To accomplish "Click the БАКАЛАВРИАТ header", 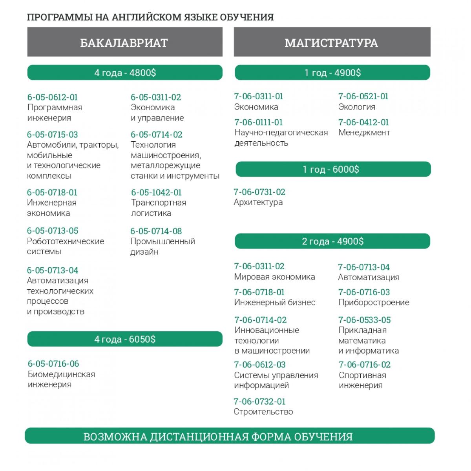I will [x=124, y=42].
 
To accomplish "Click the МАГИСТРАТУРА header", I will [x=332, y=42].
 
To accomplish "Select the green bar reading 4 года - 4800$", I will [x=125, y=73].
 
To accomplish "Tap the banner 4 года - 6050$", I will [x=125, y=339].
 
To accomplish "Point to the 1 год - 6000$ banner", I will [x=333, y=170].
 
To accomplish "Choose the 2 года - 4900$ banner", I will [x=332, y=241].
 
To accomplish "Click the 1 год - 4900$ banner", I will [x=332, y=73].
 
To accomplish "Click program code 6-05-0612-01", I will [x=53, y=97].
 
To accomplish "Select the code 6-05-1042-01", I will [x=156, y=192].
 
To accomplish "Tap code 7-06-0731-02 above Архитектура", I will [x=259, y=192].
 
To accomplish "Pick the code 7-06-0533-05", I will [x=365, y=320].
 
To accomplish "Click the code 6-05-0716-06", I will [x=53, y=364].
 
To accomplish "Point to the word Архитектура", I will [x=258, y=203].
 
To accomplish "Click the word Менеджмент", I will [x=364, y=133].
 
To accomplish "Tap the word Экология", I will [x=357, y=107].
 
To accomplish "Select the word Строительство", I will [x=263, y=412].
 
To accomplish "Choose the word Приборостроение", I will [x=374, y=302].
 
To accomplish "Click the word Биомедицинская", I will [x=61, y=374].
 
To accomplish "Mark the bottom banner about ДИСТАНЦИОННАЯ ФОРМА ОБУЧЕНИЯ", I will [x=230, y=436].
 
